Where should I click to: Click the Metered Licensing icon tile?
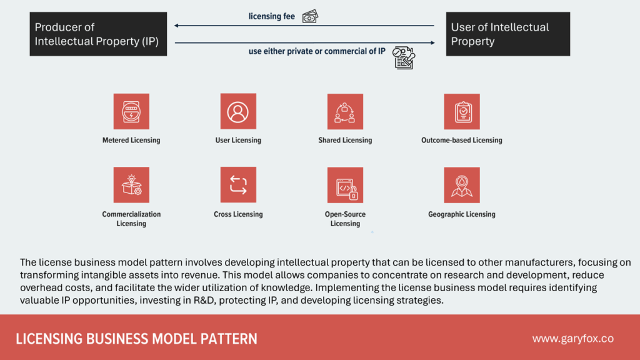(x=131, y=112)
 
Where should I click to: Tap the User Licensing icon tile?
(x=238, y=112)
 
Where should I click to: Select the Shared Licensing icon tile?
(x=345, y=112)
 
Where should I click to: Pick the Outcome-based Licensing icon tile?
(x=462, y=112)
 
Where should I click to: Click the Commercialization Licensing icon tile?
(x=131, y=185)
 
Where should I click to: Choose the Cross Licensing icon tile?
(x=238, y=185)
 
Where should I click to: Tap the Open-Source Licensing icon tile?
(x=345, y=185)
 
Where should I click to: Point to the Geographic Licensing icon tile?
(x=462, y=185)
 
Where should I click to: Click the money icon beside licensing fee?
(x=309, y=17)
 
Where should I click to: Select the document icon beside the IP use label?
(x=403, y=57)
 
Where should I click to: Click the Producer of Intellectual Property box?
(x=98, y=34)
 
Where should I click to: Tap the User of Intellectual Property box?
(x=507, y=34)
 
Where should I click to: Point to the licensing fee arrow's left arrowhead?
(x=177, y=26)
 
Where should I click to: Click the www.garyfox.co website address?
(x=572, y=339)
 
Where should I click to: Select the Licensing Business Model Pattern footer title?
(x=136, y=339)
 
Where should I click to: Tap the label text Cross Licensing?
(x=238, y=214)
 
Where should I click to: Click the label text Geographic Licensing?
(x=462, y=214)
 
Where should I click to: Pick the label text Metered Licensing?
(x=131, y=140)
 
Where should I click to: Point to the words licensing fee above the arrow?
(x=271, y=17)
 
